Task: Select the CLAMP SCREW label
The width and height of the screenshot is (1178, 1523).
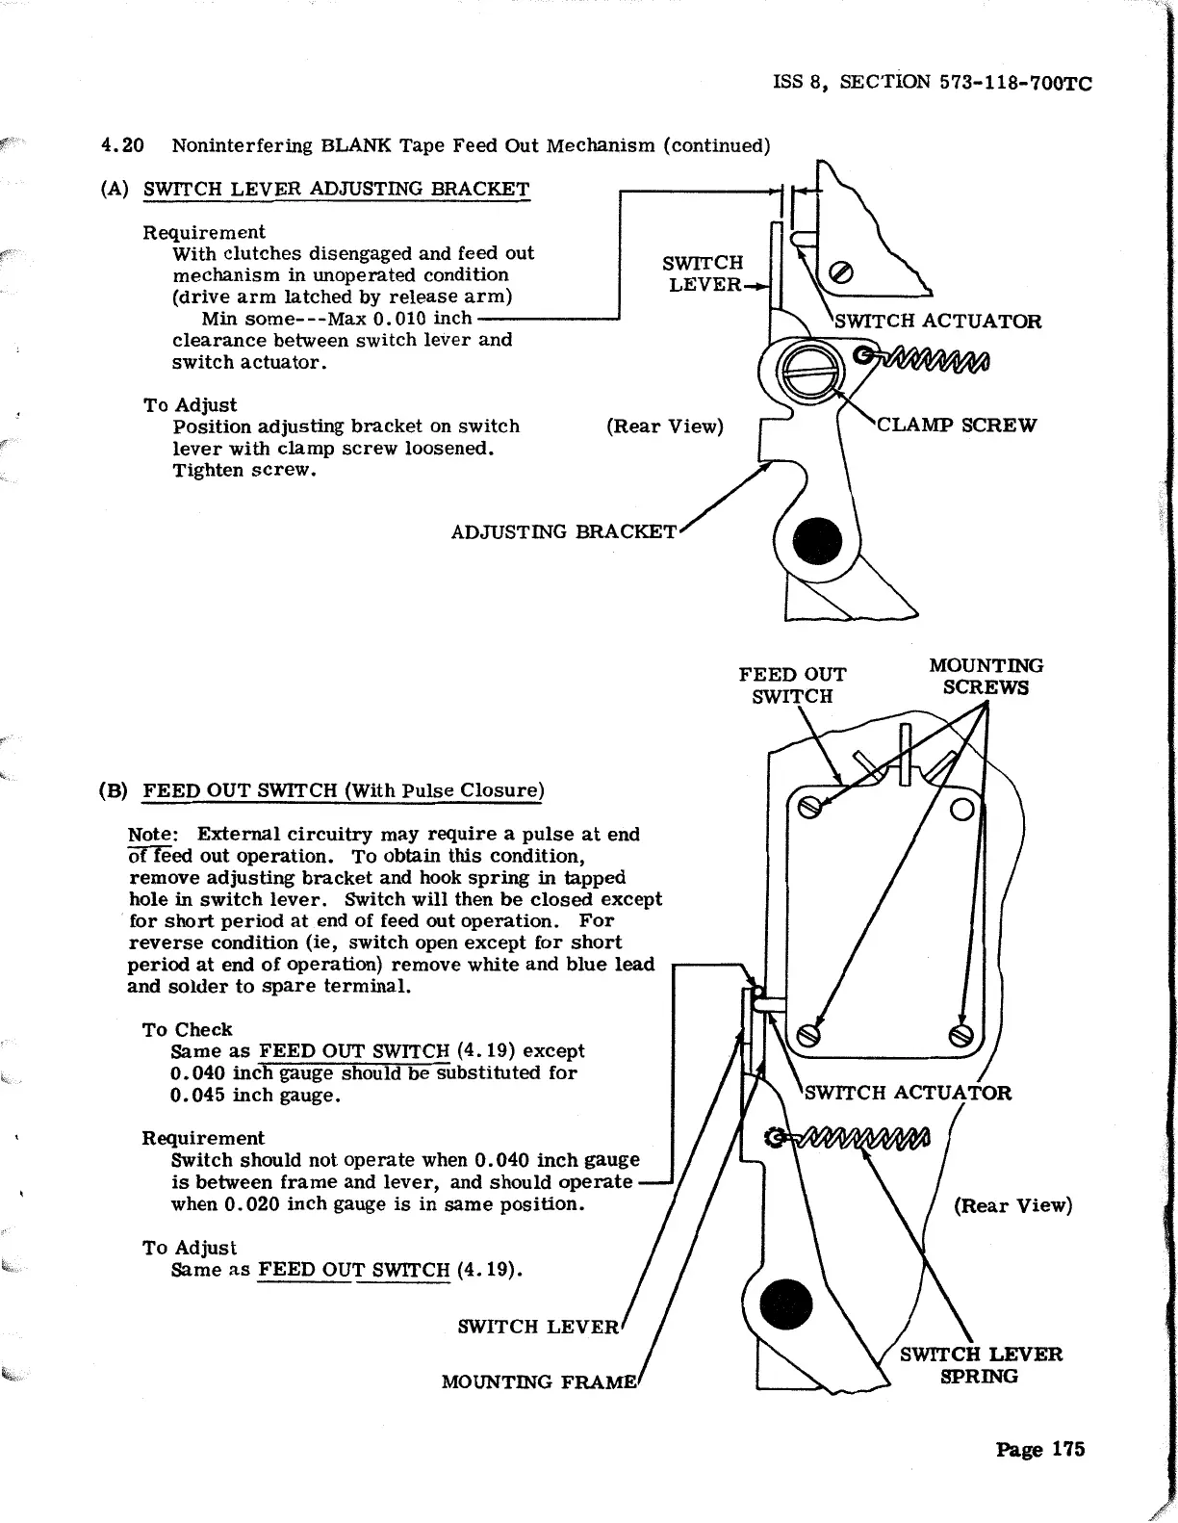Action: pyautogui.click(x=957, y=425)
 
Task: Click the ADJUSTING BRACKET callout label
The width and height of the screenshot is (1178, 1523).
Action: pyautogui.click(x=565, y=531)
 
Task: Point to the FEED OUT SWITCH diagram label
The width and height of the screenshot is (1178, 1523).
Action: pyautogui.click(x=792, y=685)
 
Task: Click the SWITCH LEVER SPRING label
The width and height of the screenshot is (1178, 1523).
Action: pyautogui.click(x=981, y=1365)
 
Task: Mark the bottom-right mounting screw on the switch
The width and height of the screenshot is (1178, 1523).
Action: pyautogui.click(x=960, y=1036)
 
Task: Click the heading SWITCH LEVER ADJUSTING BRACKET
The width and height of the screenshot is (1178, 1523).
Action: pyautogui.click(x=336, y=189)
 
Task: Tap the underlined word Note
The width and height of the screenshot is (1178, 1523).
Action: pyautogui.click(x=151, y=834)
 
